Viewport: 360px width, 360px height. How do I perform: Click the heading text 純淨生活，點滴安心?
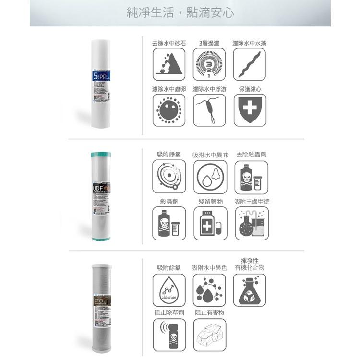tap(180, 13)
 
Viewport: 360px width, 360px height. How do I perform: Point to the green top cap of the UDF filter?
tap(101, 155)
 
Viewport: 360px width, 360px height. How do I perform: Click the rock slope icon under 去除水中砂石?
tap(168, 64)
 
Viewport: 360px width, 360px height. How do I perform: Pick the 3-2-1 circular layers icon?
tap(209, 64)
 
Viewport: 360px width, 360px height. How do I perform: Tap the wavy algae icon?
tap(249, 64)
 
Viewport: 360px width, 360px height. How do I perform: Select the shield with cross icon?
tap(249, 110)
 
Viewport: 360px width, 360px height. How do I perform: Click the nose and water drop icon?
tap(210, 177)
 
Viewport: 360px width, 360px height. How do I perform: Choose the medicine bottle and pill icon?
tap(210, 223)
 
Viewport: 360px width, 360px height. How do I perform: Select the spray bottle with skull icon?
tap(168, 335)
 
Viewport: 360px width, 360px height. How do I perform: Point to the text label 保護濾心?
tap(250, 89)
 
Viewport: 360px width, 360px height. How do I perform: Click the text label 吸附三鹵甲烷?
tap(252, 202)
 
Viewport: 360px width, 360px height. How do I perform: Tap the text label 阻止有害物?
tap(209, 312)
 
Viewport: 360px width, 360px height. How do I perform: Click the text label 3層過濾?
tap(209, 43)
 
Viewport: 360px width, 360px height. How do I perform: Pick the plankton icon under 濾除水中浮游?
tap(209, 110)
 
